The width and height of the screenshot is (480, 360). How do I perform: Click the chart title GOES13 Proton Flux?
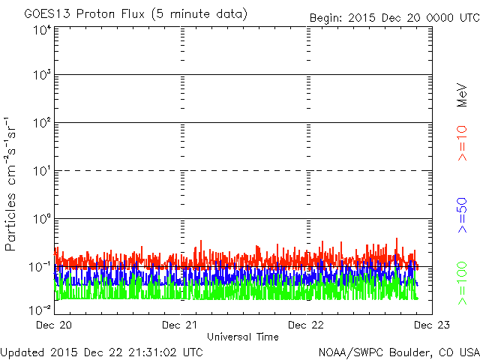(x=85, y=13)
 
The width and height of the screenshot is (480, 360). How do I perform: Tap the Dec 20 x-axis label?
(x=54, y=325)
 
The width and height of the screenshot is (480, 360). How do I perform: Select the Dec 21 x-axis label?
(x=180, y=325)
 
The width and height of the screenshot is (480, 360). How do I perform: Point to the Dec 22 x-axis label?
(x=306, y=325)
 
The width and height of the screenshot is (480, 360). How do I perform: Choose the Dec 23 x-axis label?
(x=432, y=325)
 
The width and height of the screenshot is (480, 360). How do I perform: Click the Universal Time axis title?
(x=243, y=337)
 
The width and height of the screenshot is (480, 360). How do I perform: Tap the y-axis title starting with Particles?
(x=10, y=184)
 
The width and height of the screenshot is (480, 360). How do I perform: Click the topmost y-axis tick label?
(x=43, y=30)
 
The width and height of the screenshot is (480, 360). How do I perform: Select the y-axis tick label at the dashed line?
(x=43, y=171)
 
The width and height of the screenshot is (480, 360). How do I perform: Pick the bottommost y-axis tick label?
(x=40, y=310)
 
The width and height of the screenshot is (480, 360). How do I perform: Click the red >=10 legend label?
(x=462, y=143)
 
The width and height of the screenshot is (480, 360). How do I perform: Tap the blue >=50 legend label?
(x=462, y=215)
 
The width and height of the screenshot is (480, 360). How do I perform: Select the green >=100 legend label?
(x=462, y=283)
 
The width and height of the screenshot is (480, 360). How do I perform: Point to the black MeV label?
(x=462, y=95)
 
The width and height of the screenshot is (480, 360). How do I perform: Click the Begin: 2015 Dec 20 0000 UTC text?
(x=395, y=18)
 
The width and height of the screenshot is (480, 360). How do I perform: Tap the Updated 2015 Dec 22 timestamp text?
(x=101, y=352)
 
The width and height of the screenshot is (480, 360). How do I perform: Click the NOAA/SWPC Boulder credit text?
(x=400, y=352)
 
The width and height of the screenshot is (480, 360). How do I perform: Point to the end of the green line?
(x=418, y=298)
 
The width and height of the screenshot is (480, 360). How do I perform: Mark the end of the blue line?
(x=418, y=285)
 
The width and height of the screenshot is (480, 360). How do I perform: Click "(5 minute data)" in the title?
(x=199, y=14)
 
